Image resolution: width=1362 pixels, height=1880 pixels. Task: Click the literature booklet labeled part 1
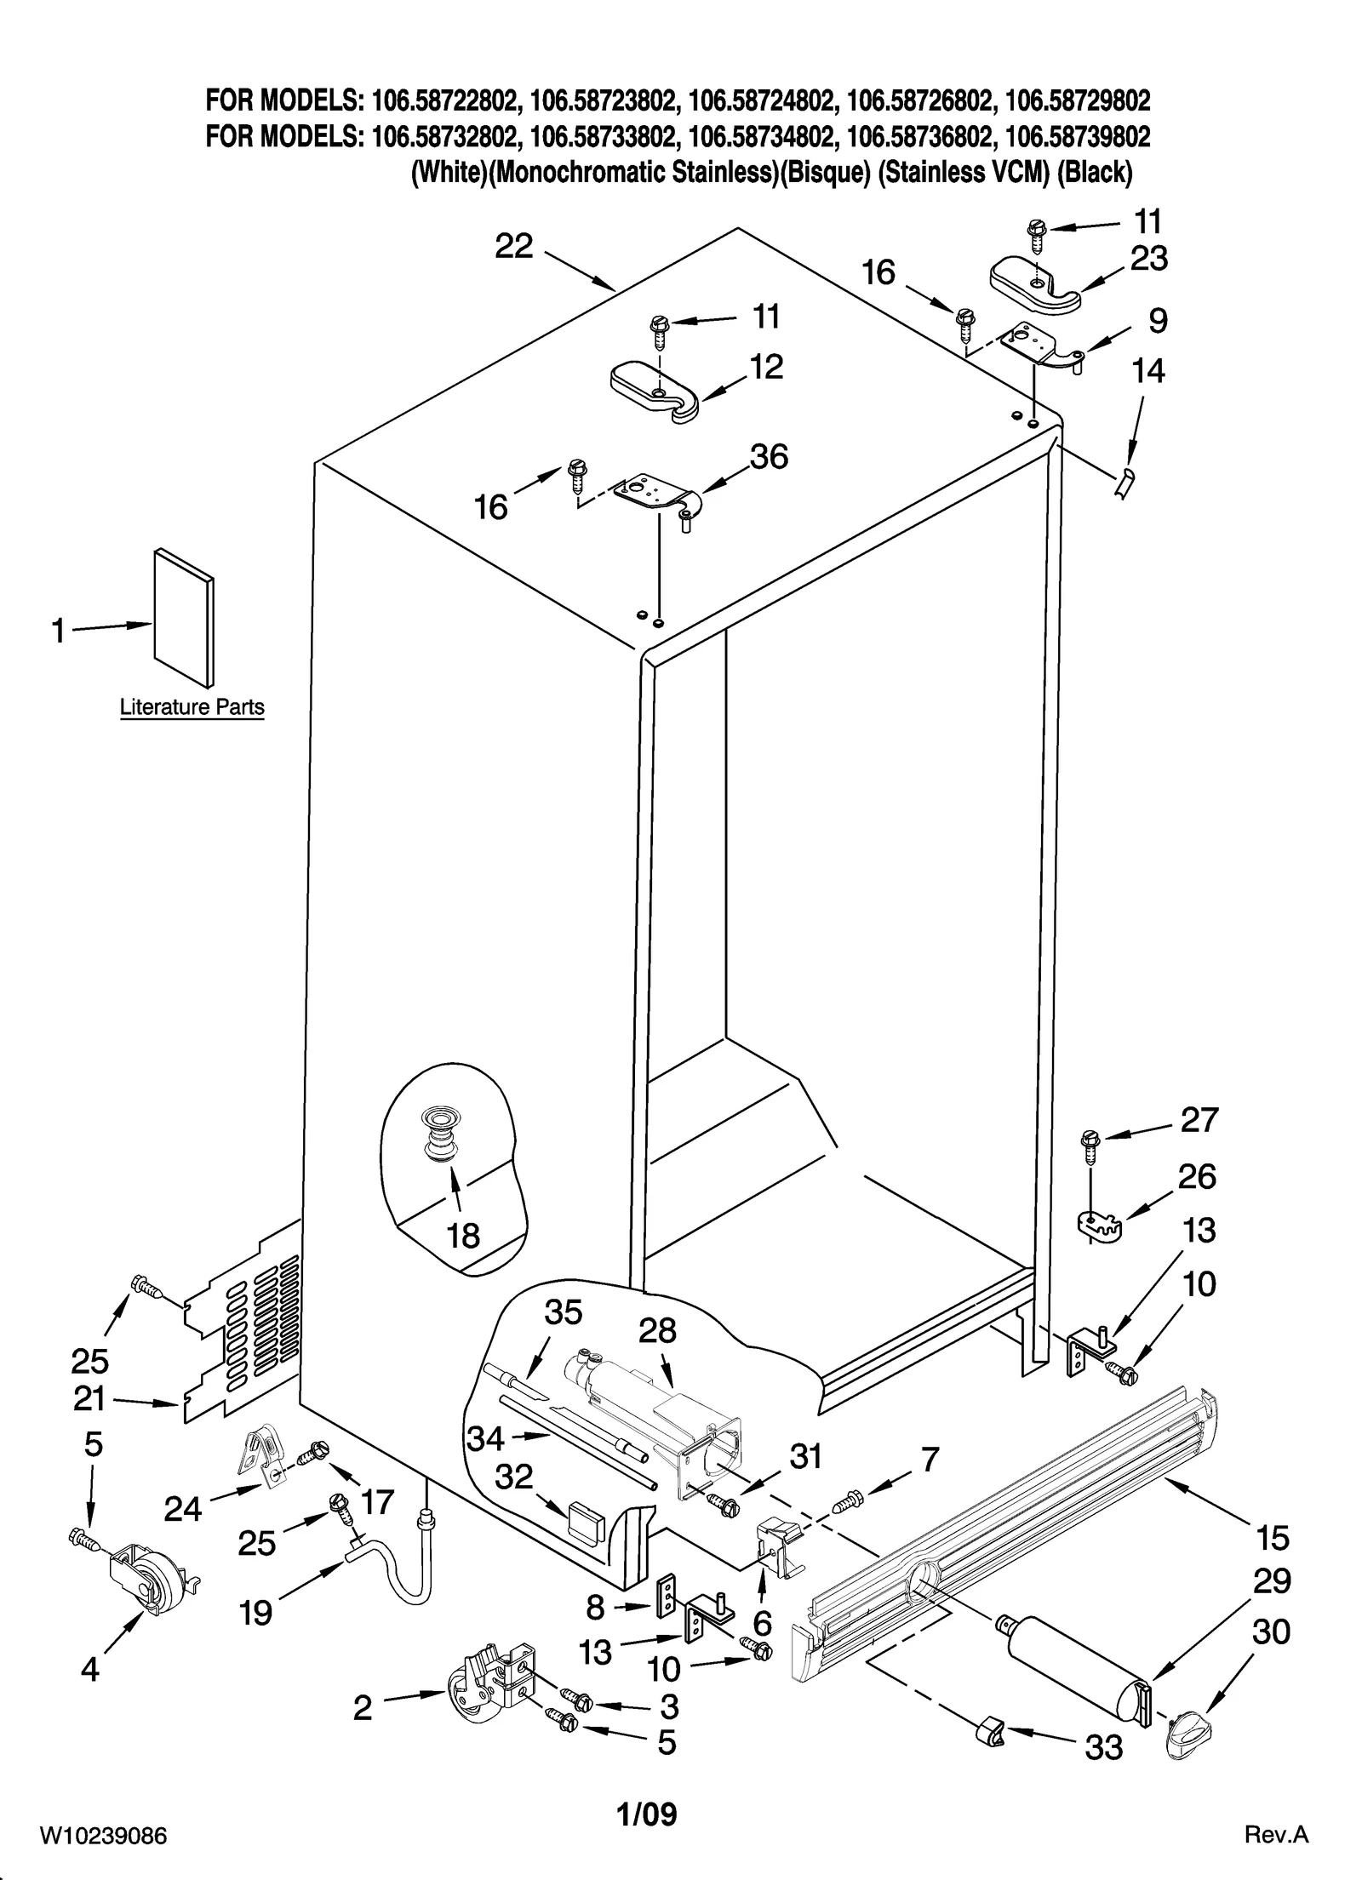pyautogui.click(x=183, y=617)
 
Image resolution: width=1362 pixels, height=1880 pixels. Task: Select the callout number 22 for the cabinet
pyautogui.click(x=514, y=247)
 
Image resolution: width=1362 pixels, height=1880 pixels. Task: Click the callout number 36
pyautogui.click(x=769, y=457)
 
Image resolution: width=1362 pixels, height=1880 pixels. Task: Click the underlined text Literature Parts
pyautogui.click(x=192, y=707)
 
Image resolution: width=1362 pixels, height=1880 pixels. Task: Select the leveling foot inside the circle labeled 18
pyautogui.click(x=440, y=1131)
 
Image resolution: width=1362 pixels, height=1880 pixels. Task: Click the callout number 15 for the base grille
pyautogui.click(x=1272, y=1538)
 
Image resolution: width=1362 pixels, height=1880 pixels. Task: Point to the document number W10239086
pyautogui.click(x=102, y=1836)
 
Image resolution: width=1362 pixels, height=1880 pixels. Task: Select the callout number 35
pyautogui.click(x=563, y=1312)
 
